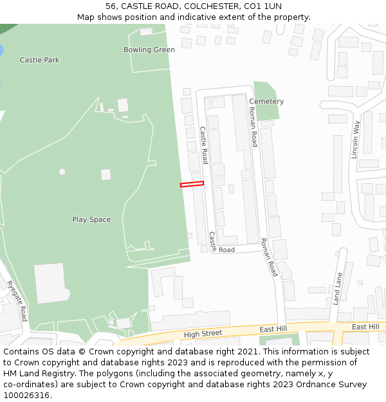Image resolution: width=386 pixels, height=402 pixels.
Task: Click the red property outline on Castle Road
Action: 192,185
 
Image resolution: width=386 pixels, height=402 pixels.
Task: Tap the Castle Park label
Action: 39,60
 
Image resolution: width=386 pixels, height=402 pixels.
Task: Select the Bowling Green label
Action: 149,50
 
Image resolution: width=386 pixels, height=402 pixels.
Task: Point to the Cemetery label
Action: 266,102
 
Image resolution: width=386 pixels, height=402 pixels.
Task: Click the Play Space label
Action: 91,219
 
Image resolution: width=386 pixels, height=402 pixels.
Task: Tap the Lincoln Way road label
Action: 355,139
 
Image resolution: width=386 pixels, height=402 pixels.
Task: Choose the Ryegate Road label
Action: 17,301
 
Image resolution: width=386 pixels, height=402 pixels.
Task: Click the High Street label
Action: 203,334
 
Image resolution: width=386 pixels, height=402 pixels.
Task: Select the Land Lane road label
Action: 337,288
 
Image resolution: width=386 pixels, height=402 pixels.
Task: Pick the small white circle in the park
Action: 62,172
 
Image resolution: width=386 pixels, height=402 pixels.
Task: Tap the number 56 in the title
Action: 111,6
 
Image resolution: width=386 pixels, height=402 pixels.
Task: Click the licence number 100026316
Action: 25,396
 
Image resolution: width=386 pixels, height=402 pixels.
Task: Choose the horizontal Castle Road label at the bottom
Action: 226,250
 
